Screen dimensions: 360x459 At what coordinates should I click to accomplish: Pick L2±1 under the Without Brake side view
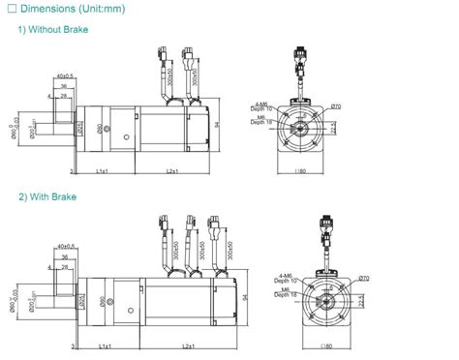click(x=174, y=171)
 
